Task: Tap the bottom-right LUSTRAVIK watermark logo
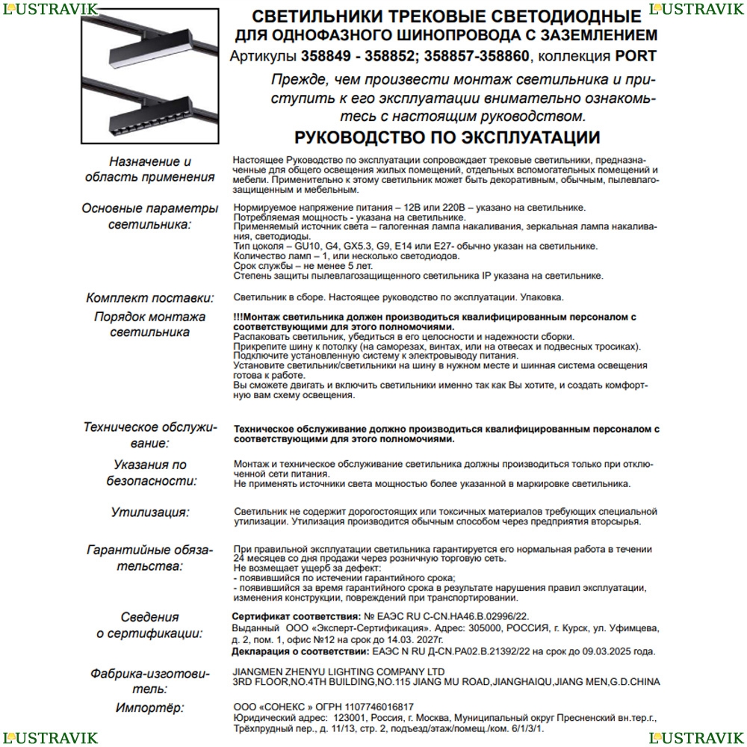point(697,738)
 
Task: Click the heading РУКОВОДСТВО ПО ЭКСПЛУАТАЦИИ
point(447,137)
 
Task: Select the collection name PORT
point(636,56)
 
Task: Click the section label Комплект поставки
point(150,297)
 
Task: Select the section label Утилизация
point(150,512)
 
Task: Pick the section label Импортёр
point(150,707)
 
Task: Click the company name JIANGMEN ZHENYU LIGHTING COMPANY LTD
point(338,672)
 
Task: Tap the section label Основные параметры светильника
point(150,216)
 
